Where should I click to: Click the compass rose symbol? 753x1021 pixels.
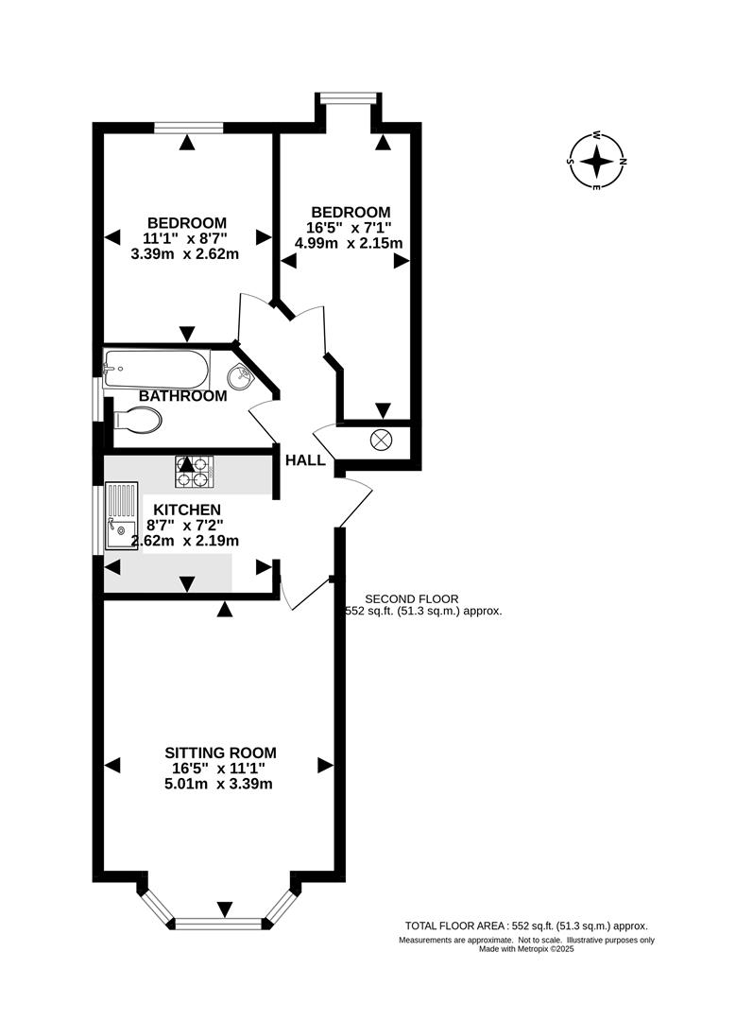pos(597,162)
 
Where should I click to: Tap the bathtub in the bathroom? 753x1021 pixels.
pos(156,366)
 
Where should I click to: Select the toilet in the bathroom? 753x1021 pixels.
pos(136,419)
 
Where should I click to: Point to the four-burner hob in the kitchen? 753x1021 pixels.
pos(194,471)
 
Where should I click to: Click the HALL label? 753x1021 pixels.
pos(305,460)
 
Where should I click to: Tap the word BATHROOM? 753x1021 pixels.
pos(183,396)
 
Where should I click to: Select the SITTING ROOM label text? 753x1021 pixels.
pos(221,753)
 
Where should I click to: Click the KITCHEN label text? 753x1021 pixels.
pos(187,510)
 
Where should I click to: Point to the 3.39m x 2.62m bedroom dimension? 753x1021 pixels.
pos(185,253)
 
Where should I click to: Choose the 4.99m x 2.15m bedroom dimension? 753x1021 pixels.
pos(351,243)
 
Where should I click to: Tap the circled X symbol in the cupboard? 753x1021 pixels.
pos(383,440)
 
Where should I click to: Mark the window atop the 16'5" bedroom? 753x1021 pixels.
pos(349,95)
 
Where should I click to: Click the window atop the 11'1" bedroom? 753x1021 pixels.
pos(189,126)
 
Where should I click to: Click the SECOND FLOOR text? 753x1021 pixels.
pos(411,598)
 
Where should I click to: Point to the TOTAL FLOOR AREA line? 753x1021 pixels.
pos(525,926)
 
